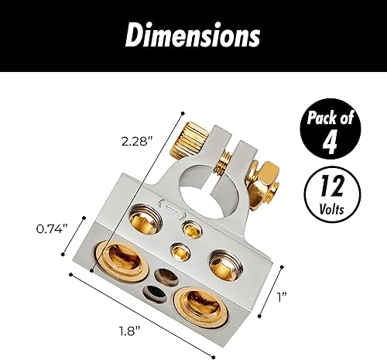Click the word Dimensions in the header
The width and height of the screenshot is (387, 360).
pos(193,36)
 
